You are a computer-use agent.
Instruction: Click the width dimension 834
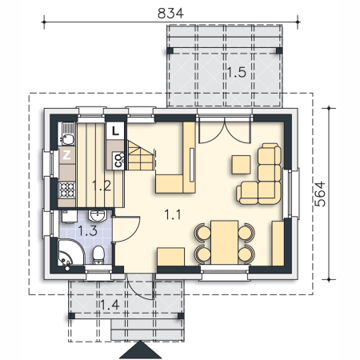(170, 14)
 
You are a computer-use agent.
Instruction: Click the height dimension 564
(320, 194)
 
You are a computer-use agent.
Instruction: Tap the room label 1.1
(173, 214)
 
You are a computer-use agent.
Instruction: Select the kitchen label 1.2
(102, 186)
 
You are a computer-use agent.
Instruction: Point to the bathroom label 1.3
(88, 230)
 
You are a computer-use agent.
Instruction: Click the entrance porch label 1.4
(110, 305)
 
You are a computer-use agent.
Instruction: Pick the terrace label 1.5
(237, 72)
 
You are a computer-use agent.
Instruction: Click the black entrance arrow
(140, 350)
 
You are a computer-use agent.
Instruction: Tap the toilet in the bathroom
(98, 255)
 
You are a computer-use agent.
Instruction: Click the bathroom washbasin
(98, 216)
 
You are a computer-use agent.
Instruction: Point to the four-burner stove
(67, 190)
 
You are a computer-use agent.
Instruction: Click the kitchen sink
(67, 134)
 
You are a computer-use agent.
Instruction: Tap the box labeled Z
(66, 155)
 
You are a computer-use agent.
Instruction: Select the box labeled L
(115, 131)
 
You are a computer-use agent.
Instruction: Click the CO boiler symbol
(118, 160)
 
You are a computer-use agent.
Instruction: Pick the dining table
(224, 242)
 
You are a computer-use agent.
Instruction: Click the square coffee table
(241, 165)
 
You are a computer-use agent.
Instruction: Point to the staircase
(141, 155)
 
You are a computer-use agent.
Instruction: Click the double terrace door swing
(225, 132)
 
